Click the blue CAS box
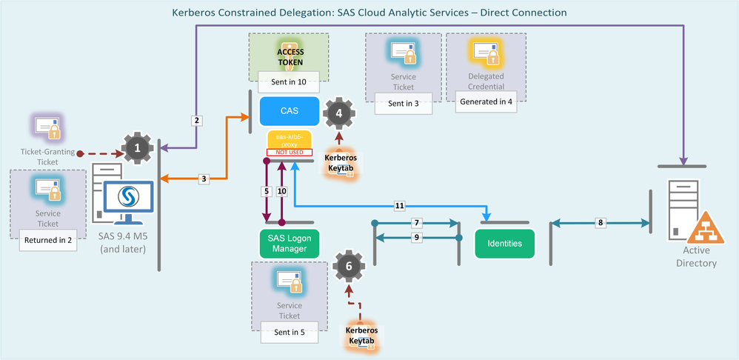click(x=289, y=110)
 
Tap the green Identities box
click(x=505, y=242)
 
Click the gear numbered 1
click(x=137, y=148)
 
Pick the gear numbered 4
click(x=339, y=113)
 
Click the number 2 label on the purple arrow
click(x=196, y=120)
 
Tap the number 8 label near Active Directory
click(x=600, y=221)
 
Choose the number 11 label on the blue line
click(x=401, y=205)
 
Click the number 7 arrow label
click(x=417, y=222)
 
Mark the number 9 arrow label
click(x=417, y=237)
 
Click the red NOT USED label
click(x=289, y=152)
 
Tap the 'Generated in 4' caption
click(x=485, y=101)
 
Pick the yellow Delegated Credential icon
click(x=486, y=52)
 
